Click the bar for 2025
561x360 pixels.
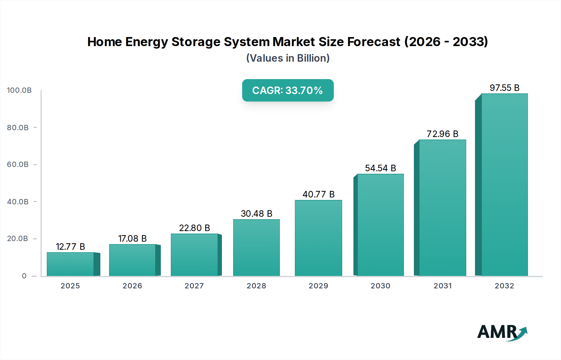[70, 264]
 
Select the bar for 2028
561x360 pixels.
[256, 248]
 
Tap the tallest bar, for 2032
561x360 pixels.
[504, 185]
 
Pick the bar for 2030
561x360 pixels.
[380, 225]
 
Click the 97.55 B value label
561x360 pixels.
[504, 88]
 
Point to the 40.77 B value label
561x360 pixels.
[318, 194]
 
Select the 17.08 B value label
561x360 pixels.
[132, 239]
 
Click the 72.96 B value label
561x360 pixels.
[442, 134]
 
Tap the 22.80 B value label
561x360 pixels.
[194, 228]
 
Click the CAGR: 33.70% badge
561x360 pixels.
[288, 90]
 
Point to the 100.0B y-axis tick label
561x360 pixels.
[19, 90]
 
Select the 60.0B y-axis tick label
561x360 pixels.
[18, 164]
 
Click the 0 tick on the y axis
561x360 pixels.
[24, 276]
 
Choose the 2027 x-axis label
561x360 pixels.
[194, 286]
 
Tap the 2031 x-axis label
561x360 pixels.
[442, 286]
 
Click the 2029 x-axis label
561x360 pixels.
[318, 286]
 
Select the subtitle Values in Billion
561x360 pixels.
[288, 58]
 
